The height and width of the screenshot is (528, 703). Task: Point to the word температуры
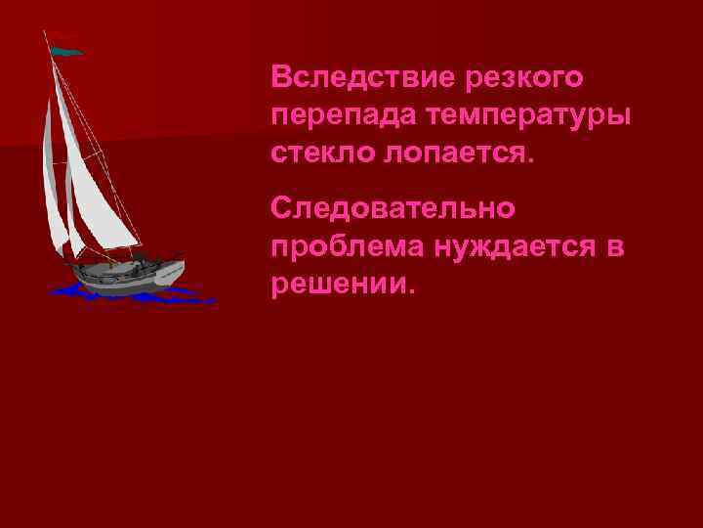click(x=527, y=115)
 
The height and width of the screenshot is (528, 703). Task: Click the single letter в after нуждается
click(x=614, y=248)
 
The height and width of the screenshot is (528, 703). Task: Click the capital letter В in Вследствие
click(x=282, y=75)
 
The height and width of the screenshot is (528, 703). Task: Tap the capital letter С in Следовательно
click(x=282, y=208)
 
